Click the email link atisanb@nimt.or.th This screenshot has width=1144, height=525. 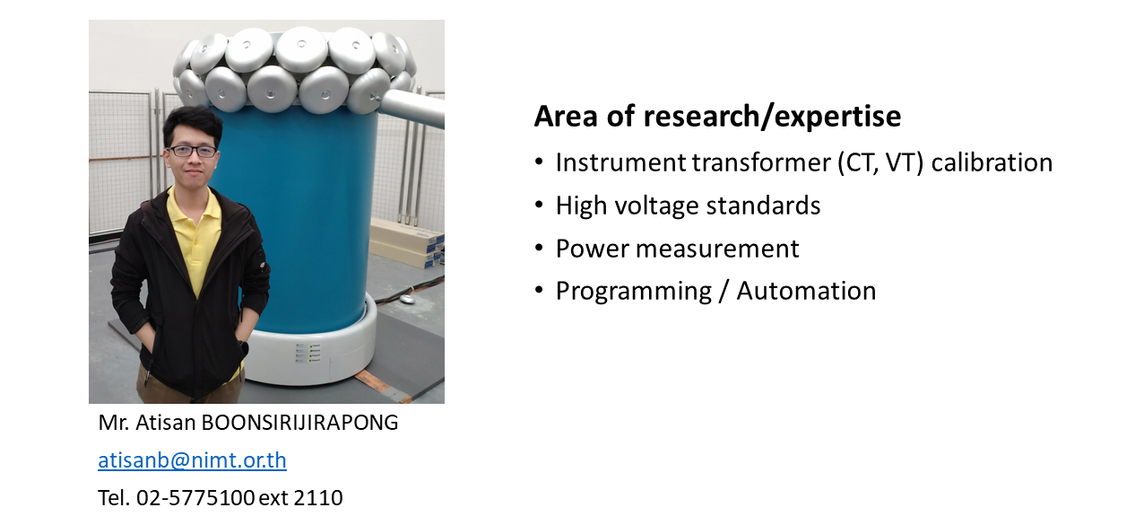click(192, 460)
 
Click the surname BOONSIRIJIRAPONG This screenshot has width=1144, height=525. click(299, 423)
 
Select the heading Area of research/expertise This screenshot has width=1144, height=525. click(717, 117)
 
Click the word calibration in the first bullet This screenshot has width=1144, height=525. click(992, 162)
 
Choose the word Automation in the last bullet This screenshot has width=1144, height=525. click(806, 292)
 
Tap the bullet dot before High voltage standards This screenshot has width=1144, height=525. click(540, 205)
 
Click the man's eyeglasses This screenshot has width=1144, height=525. click(193, 151)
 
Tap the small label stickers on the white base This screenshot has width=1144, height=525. click(308, 354)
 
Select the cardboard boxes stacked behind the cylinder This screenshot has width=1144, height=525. click(407, 242)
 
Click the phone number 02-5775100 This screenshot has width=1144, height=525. click(195, 498)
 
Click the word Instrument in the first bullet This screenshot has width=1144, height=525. click(620, 162)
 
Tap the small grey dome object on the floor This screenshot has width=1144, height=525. click(407, 299)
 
